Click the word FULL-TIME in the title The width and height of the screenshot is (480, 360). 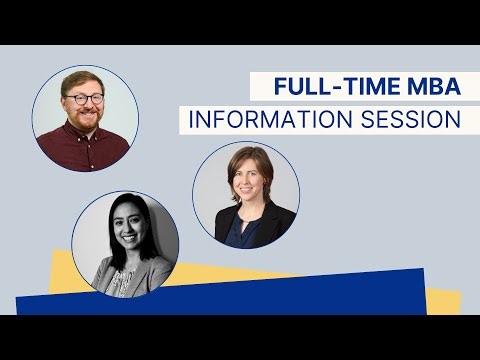[x=317, y=87]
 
